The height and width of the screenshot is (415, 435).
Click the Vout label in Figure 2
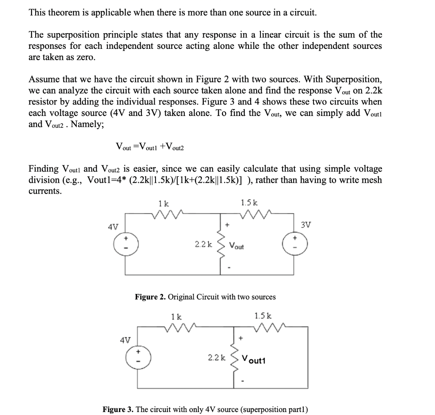coord(237,246)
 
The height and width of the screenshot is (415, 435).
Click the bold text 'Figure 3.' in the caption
coord(119,409)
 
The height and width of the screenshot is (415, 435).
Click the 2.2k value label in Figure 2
coord(203,244)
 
